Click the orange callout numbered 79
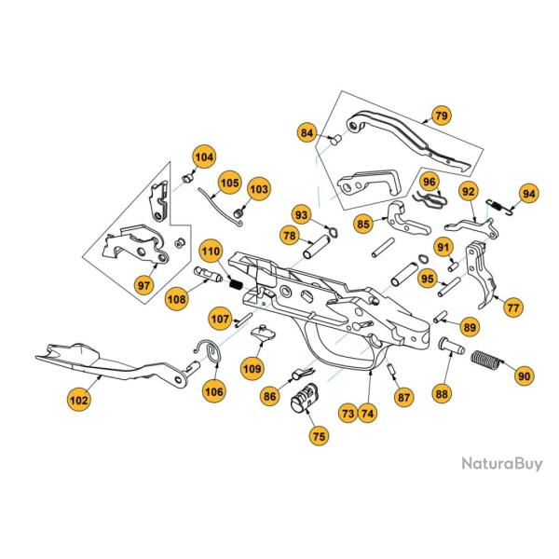(x=441, y=116)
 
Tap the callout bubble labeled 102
(x=79, y=400)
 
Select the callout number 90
(x=524, y=375)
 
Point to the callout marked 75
(x=319, y=436)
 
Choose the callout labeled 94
(x=528, y=194)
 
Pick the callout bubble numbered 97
(x=144, y=284)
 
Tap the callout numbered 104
(x=203, y=157)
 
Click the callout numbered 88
(x=441, y=394)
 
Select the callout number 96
(x=429, y=182)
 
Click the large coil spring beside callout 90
(x=487, y=361)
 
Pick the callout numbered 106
(x=214, y=392)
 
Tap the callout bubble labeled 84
(x=308, y=133)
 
